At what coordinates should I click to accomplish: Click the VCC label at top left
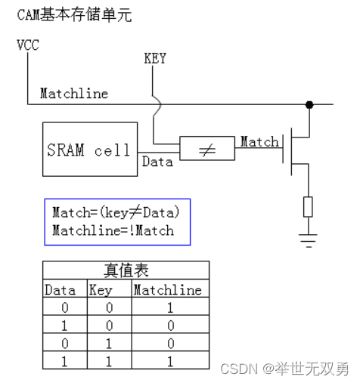(28, 45)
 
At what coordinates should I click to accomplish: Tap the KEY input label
(154, 57)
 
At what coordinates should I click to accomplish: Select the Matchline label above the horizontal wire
(73, 94)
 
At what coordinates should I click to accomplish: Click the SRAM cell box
(88, 150)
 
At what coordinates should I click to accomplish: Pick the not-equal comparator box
(206, 150)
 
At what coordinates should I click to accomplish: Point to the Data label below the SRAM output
(157, 162)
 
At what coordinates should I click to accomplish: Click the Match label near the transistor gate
(259, 141)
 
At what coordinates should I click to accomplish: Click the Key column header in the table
(101, 289)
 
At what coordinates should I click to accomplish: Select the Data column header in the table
(61, 289)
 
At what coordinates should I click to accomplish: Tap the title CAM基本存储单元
(74, 15)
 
